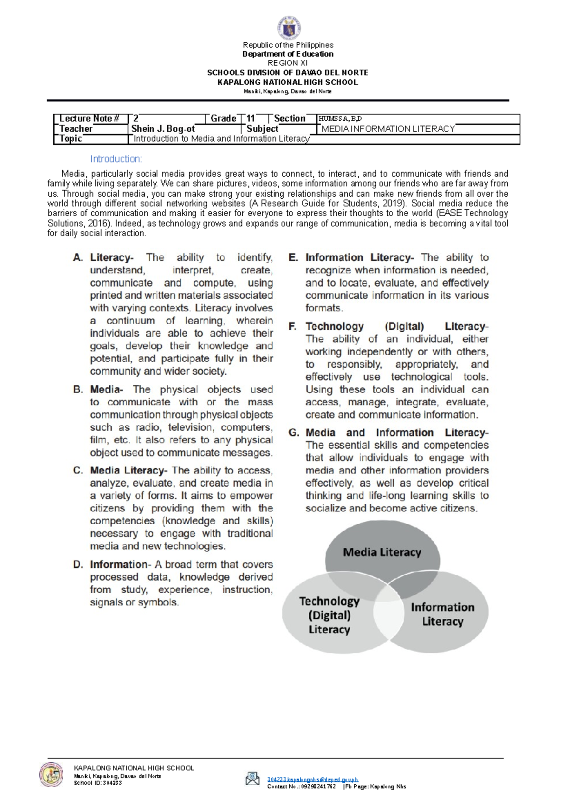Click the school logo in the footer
(x=51, y=774)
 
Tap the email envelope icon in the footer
(x=252, y=778)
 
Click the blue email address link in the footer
(x=312, y=779)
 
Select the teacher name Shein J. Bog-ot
(x=163, y=129)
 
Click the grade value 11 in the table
(x=251, y=119)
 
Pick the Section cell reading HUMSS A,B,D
(x=340, y=119)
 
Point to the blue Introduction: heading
(x=116, y=159)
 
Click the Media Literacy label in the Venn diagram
(x=382, y=552)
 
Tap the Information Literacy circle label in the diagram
(x=442, y=614)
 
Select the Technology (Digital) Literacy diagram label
(x=329, y=615)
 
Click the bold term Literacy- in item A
(x=112, y=258)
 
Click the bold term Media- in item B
(x=106, y=389)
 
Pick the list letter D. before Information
(x=78, y=565)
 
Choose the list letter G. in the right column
(x=294, y=432)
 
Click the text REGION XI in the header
(x=287, y=63)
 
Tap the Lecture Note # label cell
(x=89, y=119)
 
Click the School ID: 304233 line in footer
(x=97, y=783)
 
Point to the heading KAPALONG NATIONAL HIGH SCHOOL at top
(x=287, y=82)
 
